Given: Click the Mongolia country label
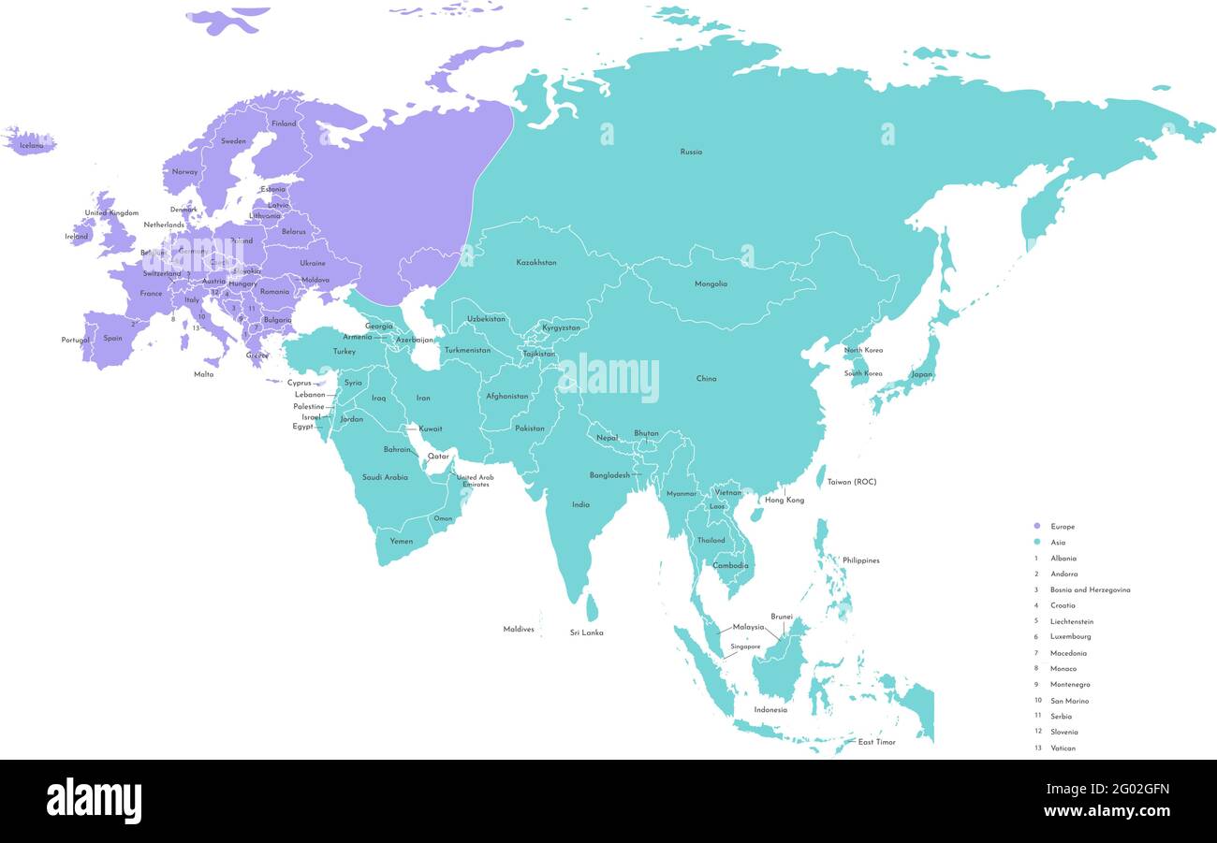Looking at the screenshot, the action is tap(711, 284).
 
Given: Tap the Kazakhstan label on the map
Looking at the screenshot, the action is tap(536, 263).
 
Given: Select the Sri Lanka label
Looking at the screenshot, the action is tap(586, 633).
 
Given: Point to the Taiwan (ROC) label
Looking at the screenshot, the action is tap(852, 482).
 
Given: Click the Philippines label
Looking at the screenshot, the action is tap(860, 560).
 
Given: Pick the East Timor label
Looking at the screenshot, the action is tap(876, 742).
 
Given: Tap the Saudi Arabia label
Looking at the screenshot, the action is tap(385, 477).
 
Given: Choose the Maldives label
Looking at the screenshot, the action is tap(519, 630).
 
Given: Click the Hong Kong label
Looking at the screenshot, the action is tap(784, 501).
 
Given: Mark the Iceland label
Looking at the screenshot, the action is tap(31, 146).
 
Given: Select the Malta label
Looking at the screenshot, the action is tap(203, 374).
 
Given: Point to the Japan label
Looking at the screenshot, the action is tap(922, 374).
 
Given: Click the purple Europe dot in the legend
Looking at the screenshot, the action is tap(1036, 527).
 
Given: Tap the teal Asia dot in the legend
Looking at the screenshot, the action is tap(1036, 543).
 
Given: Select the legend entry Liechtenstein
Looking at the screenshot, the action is tap(1071, 621).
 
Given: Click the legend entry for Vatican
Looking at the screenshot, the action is tap(1063, 749).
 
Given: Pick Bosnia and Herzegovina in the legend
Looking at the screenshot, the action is tap(1090, 590).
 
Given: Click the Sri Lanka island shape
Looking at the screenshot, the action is tap(592, 608).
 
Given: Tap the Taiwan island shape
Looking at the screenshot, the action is tap(821, 477).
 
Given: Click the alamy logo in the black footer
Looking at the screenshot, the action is tap(94, 802).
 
